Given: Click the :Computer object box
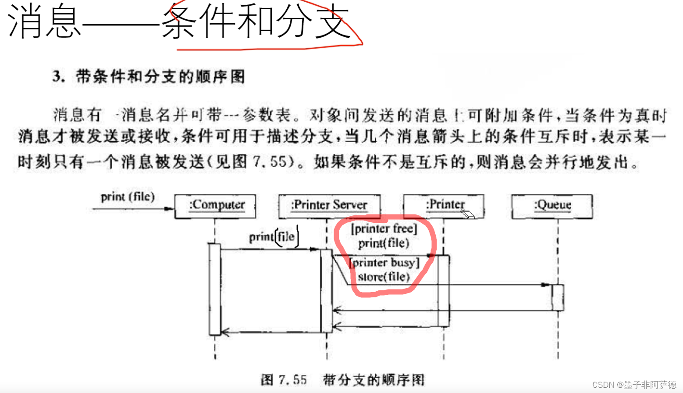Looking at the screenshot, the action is click(x=215, y=206).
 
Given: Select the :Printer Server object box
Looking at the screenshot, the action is click(x=329, y=206).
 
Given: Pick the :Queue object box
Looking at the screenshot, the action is click(x=552, y=206).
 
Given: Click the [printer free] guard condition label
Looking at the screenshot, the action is click(x=384, y=229).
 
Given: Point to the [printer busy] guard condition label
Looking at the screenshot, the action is click(x=384, y=263).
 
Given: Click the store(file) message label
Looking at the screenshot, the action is click(x=384, y=277).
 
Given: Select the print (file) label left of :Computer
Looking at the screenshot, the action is click(x=128, y=196).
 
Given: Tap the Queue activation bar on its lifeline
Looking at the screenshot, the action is click(x=558, y=297).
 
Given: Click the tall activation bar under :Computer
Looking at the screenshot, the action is click(x=215, y=289).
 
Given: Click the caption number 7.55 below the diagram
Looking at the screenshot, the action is click(x=292, y=379).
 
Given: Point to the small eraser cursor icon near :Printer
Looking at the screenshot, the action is click(x=468, y=214).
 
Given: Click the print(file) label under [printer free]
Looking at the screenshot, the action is click(x=384, y=243).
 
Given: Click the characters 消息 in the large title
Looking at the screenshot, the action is click(x=44, y=22).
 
